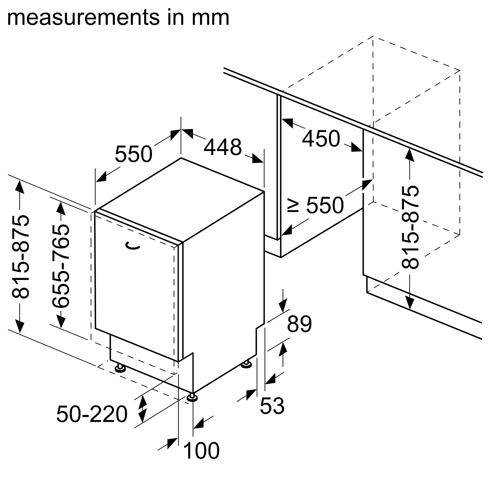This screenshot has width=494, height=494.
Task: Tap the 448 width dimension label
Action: click(223, 147)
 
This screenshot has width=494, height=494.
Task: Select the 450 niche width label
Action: click(321, 139)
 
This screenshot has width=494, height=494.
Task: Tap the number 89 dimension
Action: click(299, 324)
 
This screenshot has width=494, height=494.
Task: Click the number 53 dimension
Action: click(272, 406)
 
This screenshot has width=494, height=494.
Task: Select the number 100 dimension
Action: click(202, 451)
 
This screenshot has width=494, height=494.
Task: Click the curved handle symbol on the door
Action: click(132, 246)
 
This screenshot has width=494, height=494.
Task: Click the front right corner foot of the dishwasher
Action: click(192, 398)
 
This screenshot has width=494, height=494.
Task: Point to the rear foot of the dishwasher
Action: click(246, 365)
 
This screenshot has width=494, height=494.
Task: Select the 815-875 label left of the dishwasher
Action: click(21, 257)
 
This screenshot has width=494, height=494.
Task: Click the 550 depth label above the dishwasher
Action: click(133, 154)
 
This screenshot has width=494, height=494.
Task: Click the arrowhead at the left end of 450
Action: click(287, 123)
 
